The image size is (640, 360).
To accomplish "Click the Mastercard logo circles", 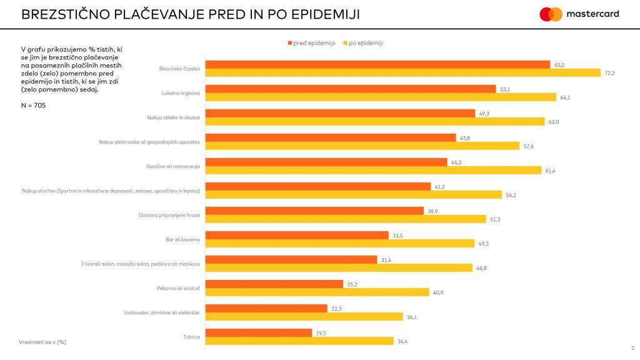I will pos(551,14).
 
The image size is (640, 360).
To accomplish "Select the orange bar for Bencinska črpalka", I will pos(378,64).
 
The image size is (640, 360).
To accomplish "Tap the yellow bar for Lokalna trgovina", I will pos(381,97).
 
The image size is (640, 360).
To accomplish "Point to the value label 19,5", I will pos(320,332).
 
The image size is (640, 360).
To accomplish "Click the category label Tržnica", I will pos(191,337).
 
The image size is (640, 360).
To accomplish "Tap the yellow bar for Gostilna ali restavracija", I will pos(373,170).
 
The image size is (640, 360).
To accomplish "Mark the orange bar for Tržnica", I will pos(259,332).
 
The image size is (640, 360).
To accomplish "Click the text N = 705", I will pos(34,105).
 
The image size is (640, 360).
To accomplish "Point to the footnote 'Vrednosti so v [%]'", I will pos(43,342).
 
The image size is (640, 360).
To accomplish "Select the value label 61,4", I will pos(551,171).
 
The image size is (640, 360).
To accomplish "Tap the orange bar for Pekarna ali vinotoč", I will pos(274,284).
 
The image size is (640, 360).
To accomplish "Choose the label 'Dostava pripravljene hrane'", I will pos(169,215).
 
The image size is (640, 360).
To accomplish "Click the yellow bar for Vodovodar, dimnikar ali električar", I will pos(304,317).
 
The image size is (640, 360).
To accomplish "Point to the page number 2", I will pos(632,348).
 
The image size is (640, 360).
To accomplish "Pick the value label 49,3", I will pos(483,113).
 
